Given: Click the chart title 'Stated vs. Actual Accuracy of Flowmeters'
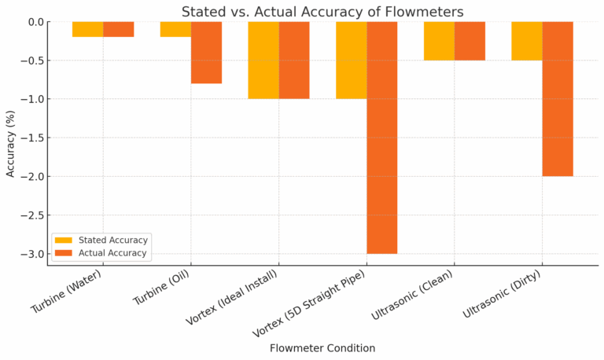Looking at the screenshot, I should (322, 11).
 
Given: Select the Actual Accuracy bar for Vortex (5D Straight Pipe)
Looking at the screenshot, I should (381, 138).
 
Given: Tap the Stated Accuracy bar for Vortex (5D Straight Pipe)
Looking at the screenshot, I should (351, 60).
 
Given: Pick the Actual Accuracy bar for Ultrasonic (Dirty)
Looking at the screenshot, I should (558, 98).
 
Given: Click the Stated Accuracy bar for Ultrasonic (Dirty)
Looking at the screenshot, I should (527, 41).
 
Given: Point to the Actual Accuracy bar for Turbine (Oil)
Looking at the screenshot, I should (206, 52).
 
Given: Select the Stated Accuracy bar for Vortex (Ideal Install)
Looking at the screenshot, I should (263, 60).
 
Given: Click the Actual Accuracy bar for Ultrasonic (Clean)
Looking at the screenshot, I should (470, 41).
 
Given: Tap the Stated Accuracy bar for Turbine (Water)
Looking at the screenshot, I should (87, 29).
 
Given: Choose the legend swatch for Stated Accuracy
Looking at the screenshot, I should (63, 240).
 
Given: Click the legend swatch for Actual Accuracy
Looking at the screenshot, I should (63, 253).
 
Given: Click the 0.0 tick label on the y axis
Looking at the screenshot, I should (35, 22).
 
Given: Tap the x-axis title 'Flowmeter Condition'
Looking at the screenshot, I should (322, 347).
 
